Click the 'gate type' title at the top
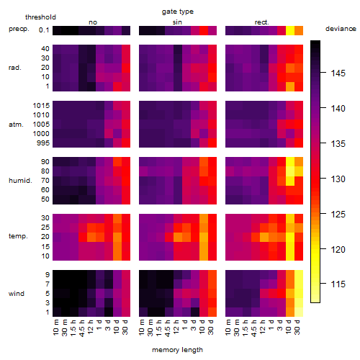(178, 12)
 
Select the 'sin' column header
(177, 22)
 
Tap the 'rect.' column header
(261, 22)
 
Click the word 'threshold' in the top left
(40, 17)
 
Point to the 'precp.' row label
(19, 29)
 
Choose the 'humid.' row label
(20, 181)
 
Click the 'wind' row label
(17, 294)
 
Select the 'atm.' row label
(16, 125)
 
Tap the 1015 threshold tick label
(41, 106)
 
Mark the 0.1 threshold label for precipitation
(44, 30)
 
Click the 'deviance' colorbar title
(341, 29)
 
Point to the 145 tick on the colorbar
(338, 73)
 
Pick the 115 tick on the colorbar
(338, 284)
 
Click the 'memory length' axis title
(177, 350)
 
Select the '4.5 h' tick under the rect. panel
(254, 328)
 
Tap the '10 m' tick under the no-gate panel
(55, 328)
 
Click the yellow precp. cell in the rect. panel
(290, 30)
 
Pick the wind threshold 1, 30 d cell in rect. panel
(299, 312)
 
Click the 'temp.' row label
(18, 236)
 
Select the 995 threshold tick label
(43, 143)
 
